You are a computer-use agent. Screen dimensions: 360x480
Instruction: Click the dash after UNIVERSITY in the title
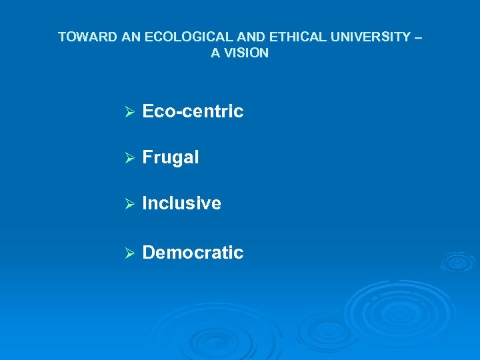click(418, 37)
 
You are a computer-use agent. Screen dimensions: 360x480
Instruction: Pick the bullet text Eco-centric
click(193, 111)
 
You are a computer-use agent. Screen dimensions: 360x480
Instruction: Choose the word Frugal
click(171, 157)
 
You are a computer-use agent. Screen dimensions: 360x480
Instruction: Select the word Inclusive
click(181, 203)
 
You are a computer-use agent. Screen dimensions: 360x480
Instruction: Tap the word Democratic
click(193, 253)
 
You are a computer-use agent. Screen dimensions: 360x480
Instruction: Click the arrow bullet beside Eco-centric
click(130, 112)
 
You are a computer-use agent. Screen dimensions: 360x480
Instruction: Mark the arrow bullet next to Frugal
click(130, 158)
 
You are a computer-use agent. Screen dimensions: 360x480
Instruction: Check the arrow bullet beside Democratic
click(130, 253)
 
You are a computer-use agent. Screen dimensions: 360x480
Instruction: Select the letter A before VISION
click(215, 53)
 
